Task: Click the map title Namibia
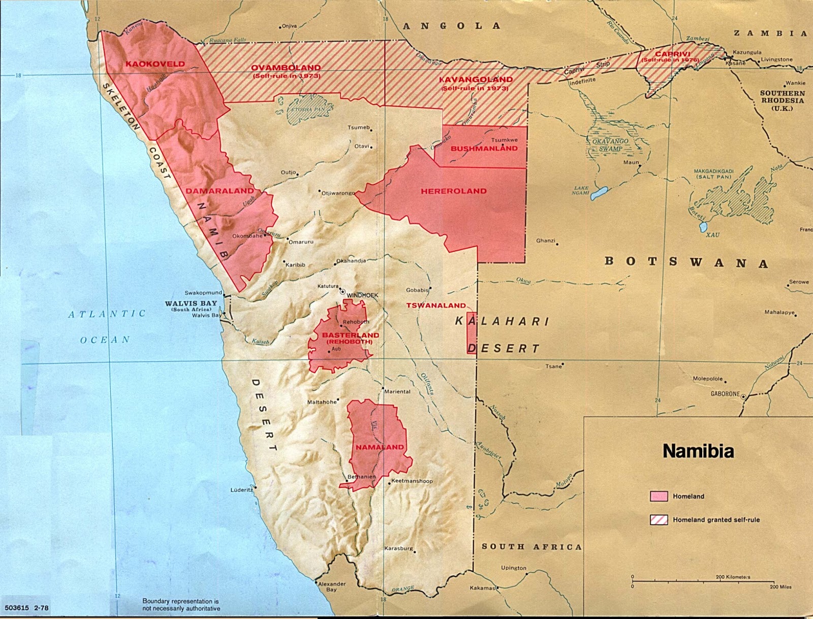pyautogui.click(x=698, y=451)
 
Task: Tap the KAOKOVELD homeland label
pyautogui.click(x=155, y=64)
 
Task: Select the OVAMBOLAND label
pyautogui.click(x=286, y=68)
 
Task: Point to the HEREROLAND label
pyautogui.click(x=453, y=191)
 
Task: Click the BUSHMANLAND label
pyautogui.click(x=484, y=148)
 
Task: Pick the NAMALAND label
pyautogui.click(x=380, y=447)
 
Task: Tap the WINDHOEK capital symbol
pyautogui.click(x=343, y=292)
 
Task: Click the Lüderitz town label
pyautogui.click(x=241, y=490)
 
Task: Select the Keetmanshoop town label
pyautogui.click(x=412, y=481)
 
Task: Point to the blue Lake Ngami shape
pyautogui.click(x=599, y=193)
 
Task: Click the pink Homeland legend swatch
pyautogui.click(x=659, y=497)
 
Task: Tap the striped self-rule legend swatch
pyautogui.click(x=659, y=519)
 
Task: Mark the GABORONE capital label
pyautogui.click(x=725, y=394)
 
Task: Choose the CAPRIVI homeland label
pyautogui.click(x=672, y=54)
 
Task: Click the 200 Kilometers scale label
pyautogui.click(x=733, y=577)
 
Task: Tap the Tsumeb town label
pyautogui.click(x=359, y=128)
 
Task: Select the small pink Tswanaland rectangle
pyautogui.click(x=472, y=333)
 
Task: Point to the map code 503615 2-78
pyautogui.click(x=26, y=608)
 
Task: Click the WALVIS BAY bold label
pyautogui.click(x=191, y=303)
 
